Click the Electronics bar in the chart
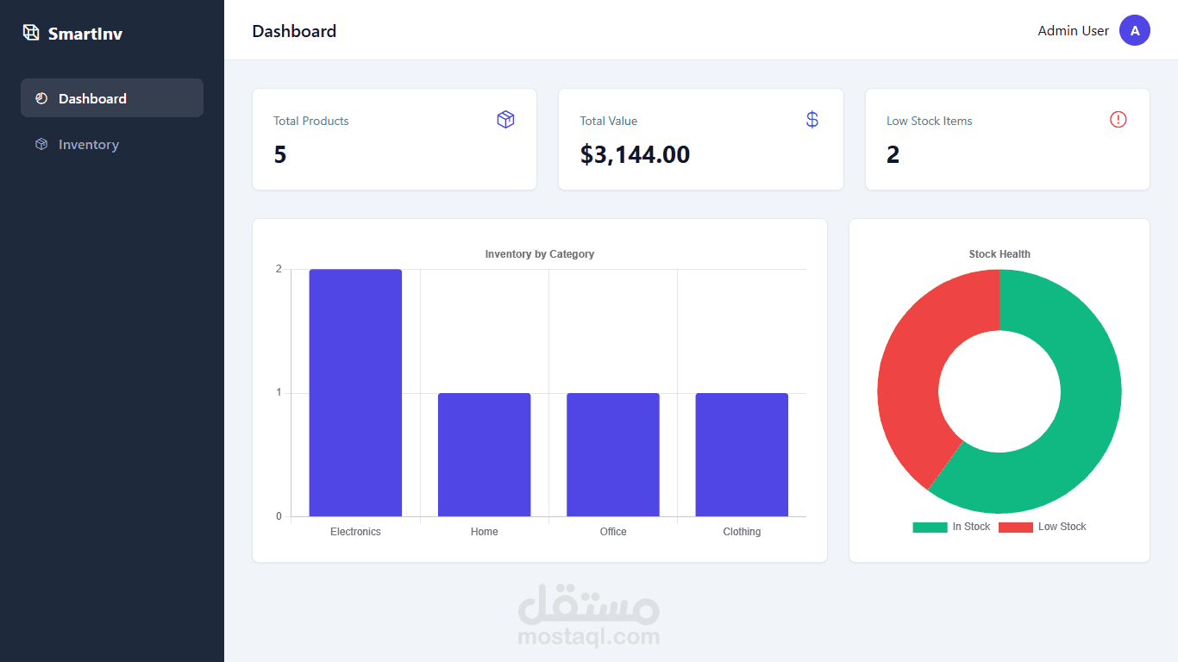coord(355,393)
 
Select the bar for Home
coord(484,455)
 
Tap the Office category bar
coord(613,455)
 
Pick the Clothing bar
coord(742,455)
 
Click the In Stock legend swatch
coord(930,527)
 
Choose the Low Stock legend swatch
coord(1015,527)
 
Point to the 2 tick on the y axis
coord(279,269)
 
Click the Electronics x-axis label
coord(355,532)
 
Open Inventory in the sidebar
coord(88,145)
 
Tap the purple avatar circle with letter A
coord(1135,31)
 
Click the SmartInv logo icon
coord(31,33)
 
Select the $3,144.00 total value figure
coord(635,154)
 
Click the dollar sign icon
coord(811,120)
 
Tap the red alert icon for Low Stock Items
coord(1118,120)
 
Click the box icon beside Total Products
coord(505,120)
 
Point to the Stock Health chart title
coord(999,254)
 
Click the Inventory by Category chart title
coord(540,254)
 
